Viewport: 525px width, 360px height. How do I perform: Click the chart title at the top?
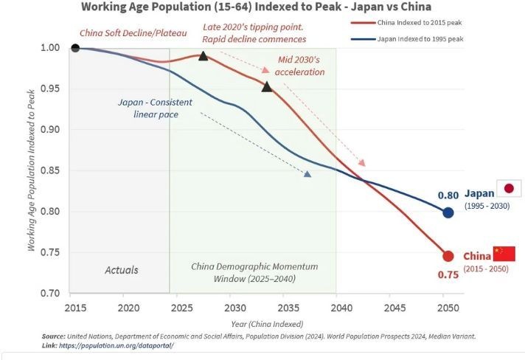point(257,7)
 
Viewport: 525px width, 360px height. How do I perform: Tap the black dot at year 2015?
point(74,48)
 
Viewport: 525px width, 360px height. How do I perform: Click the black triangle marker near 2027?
point(204,55)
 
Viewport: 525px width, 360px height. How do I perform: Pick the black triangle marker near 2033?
point(267,87)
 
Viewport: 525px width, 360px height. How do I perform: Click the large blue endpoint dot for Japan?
point(448,212)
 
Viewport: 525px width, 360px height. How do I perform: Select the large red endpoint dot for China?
point(448,256)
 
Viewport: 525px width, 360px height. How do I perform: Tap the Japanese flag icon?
point(508,188)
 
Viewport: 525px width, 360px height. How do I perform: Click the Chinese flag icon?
point(504,254)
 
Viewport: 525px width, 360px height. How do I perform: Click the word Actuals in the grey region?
point(121,270)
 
